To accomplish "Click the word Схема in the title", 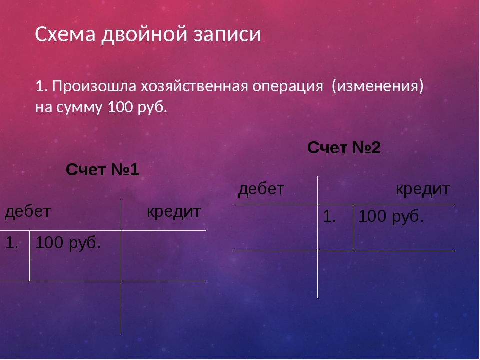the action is (x=65, y=34).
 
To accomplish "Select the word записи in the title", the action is (x=227, y=34).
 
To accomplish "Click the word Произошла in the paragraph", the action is (x=94, y=86).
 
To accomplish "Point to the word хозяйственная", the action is (x=194, y=86).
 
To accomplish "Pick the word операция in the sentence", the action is (x=288, y=87).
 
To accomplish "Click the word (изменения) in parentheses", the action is (x=378, y=86).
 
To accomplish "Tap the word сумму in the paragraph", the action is (x=79, y=108).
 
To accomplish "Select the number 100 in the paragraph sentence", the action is (x=121, y=107).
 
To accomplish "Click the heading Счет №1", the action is (x=103, y=169).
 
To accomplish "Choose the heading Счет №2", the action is (x=344, y=148).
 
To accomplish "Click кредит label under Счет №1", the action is (x=174, y=212).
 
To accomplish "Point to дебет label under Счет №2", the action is (x=261, y=189).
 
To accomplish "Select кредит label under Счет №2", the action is (x=423, y=190).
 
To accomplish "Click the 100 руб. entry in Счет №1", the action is (x=68, y=243).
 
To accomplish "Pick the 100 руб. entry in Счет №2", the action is (x=391, y=216).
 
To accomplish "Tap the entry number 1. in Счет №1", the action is (x=12, y=243).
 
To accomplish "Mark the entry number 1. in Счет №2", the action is (x=329, y=216).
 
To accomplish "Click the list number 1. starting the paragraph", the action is (x=42, y=86).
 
